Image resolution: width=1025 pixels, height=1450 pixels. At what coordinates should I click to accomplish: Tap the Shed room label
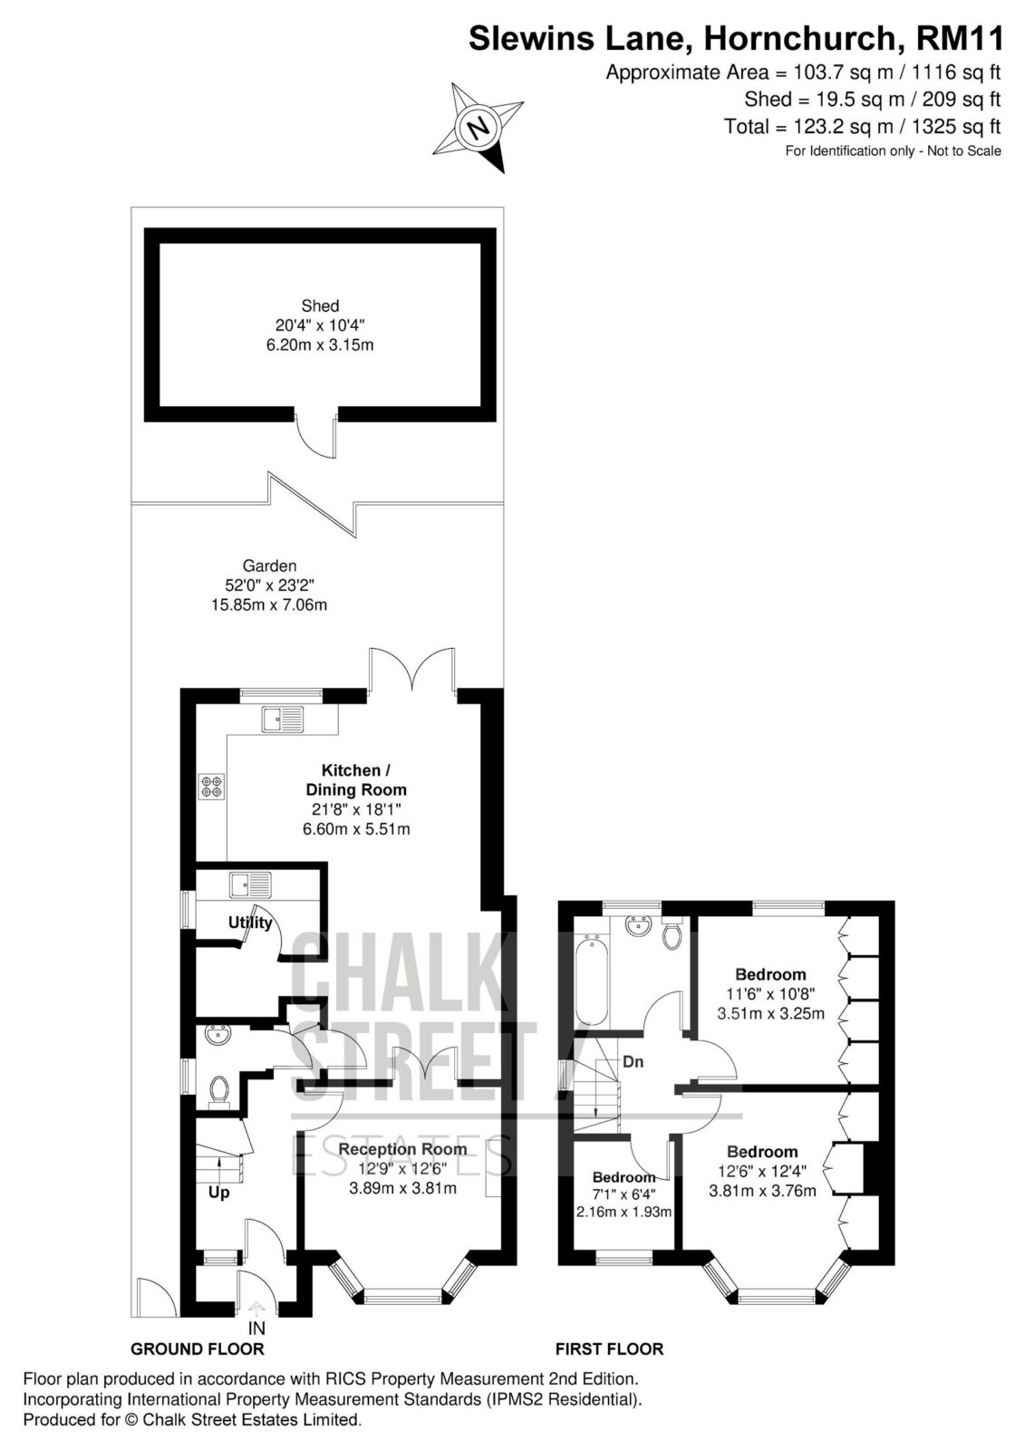(x=320, y=305)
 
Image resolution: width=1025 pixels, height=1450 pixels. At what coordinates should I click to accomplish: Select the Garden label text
(x=269, y=565)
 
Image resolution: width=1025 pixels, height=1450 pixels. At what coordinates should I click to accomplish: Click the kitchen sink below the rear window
(x=283, y=719)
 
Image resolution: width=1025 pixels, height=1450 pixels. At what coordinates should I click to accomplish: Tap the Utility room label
(x=250, y=923)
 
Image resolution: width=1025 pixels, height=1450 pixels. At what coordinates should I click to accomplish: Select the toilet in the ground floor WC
(x=219, y=1089)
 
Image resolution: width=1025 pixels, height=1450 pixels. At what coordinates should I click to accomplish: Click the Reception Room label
(x=402, y=1149)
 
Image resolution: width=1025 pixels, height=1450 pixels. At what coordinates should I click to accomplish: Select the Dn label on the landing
(x=633, y=1061)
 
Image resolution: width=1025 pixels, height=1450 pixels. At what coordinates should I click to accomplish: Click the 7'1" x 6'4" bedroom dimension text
(x=624, y=1194)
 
